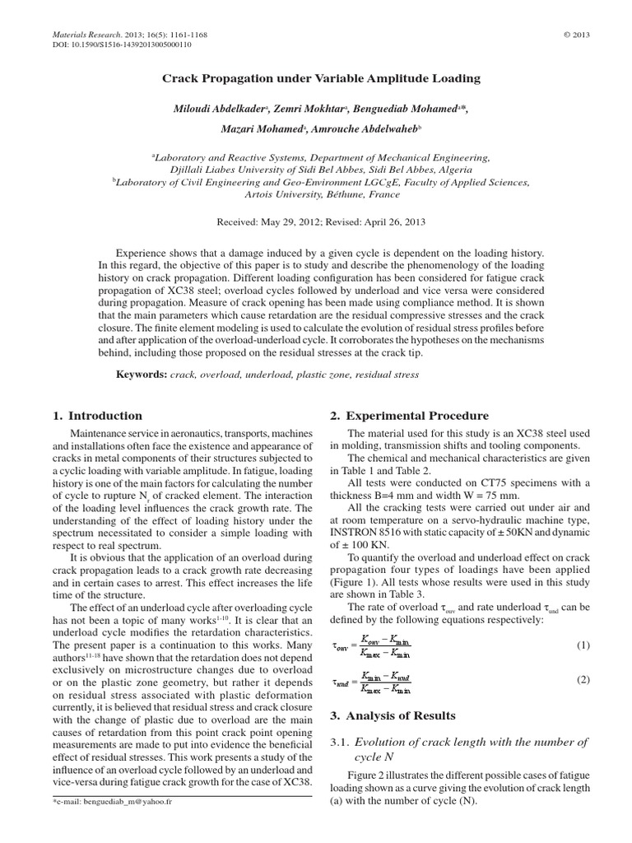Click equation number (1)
coord(583,645)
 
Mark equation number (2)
coord(583,680)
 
